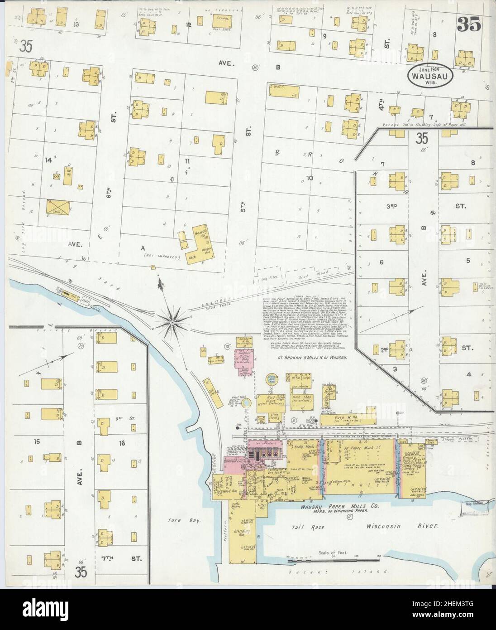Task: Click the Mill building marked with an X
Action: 57,210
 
